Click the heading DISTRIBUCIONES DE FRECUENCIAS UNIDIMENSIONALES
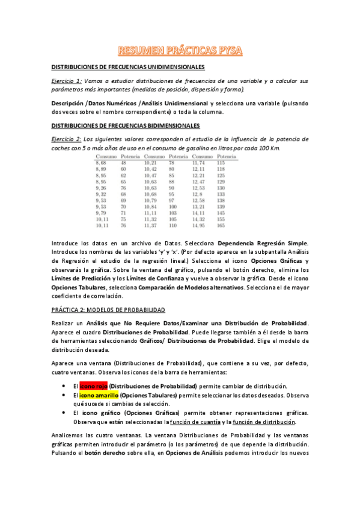(127, 67)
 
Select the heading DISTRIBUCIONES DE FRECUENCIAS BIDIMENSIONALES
(125, 126)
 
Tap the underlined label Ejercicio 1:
(66, 81)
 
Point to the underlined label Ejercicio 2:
(66, 140)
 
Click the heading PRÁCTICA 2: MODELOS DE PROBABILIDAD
(108, 309)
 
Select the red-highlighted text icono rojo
(93, 386)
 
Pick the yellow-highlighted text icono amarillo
(99, 395)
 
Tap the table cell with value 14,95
(199, 226)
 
